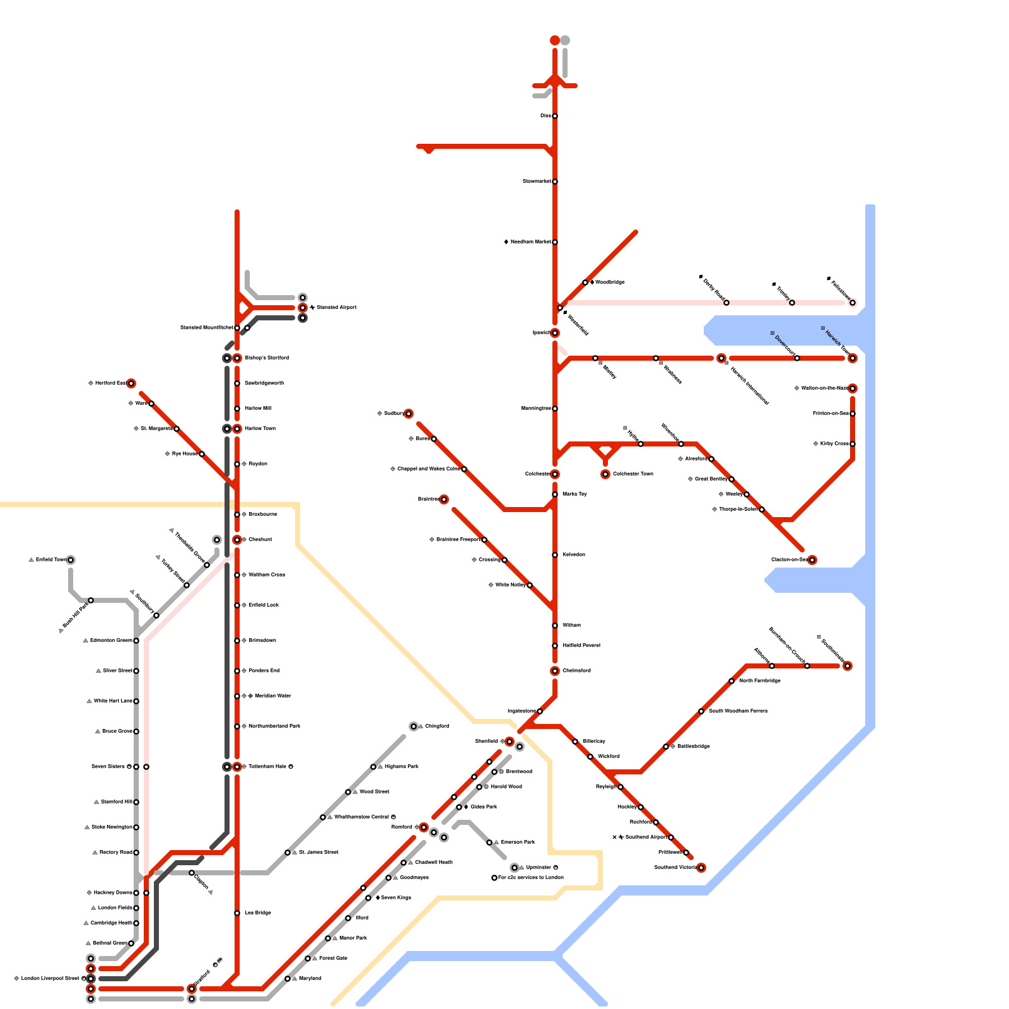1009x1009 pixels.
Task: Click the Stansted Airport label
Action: (x=337, y=308)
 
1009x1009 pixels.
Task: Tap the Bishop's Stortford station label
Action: (x=267, y=358)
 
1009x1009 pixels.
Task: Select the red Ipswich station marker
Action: (x=555, y=333)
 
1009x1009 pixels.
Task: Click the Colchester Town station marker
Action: (x=605, y=474)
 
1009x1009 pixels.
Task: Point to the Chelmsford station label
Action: (x=576, y=671)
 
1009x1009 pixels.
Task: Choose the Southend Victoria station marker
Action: (x=701, y=868)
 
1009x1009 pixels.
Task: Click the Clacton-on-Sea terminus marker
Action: (x=812, y=560)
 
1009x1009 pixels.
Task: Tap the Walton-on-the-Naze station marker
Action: (x=853, y=388)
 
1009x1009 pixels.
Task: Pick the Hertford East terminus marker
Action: (x=131, y=383)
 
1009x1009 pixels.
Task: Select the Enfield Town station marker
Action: (x=71, y=560)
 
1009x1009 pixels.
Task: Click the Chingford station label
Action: (x=437, y=726)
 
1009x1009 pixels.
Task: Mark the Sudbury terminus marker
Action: (x=409, y=414)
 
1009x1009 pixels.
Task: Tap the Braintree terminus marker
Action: (x=444, y=499)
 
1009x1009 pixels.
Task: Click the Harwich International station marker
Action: (x=721, y=358)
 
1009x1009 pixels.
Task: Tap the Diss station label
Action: (x=545, y=116)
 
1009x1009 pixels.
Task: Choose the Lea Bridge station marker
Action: (x=237, y=913)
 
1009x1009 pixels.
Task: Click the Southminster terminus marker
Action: (x=848, y=666)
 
